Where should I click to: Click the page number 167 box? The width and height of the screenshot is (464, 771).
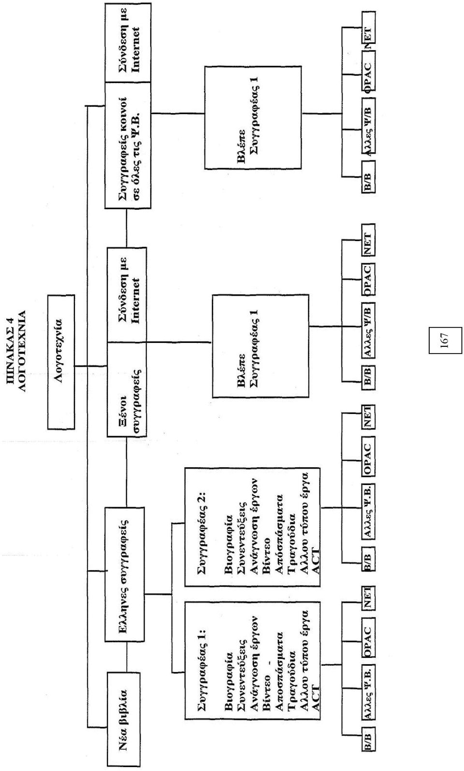pos(445,341)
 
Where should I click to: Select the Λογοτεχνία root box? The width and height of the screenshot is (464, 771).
pos(61,362)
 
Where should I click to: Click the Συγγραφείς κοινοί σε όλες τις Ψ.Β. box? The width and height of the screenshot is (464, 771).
pos(128,145)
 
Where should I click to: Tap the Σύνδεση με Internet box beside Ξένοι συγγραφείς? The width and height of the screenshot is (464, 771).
pos(127,295)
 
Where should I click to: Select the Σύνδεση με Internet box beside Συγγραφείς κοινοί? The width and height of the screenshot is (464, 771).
pos(128,43)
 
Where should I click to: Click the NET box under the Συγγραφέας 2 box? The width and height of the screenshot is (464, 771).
pos(367,417)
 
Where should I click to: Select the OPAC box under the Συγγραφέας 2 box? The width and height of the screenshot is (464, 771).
pos(367,456)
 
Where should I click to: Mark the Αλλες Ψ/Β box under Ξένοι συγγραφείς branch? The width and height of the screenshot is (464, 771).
pos(368,331)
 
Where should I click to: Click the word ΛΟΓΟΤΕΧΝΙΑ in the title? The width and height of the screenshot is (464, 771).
pos(21,351)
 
